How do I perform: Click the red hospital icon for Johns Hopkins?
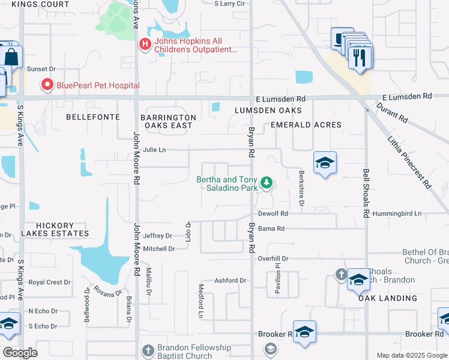tap(144, 44)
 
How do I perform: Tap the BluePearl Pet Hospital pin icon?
tap(47, 85)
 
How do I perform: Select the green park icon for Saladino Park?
tap(267, 182)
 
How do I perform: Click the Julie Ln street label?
tap(154, 150)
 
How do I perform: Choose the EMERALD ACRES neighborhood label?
tap(306, 125)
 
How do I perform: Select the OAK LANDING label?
tap(388, 298)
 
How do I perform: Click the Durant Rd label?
tap(391, 113)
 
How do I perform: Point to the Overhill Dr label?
tap(273, 259)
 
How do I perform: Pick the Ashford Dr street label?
tap(231, 280)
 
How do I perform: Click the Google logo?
tap(20, 353)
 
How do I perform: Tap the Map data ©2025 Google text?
tap(412, 355)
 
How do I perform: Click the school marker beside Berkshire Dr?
tap(325, 163)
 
